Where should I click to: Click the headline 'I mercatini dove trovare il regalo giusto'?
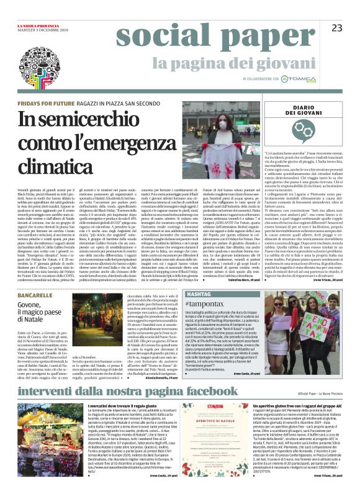click(125, 388)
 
